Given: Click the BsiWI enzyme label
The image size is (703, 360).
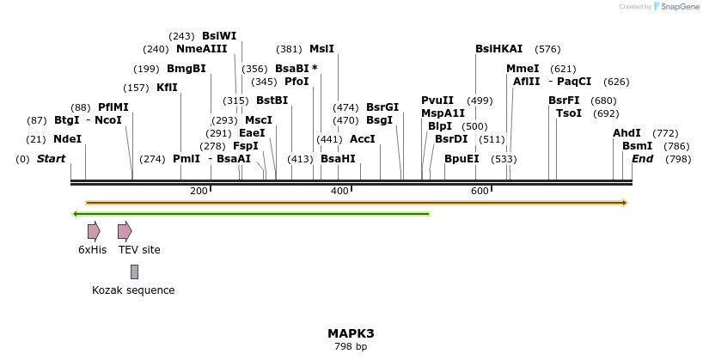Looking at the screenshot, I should (x=219, y=36).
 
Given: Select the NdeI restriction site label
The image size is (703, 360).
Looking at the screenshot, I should (x=67, y=139).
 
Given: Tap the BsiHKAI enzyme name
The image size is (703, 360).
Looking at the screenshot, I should (x=499, y=49).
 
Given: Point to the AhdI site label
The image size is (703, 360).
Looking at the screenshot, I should (x=627, y=133).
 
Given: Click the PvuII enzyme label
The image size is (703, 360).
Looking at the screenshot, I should (x=437, y=101).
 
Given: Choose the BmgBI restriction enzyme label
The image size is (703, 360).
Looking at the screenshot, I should (x=186, y=69).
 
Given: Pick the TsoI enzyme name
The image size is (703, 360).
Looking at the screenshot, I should (x=569, y=113).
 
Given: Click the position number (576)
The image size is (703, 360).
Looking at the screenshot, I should (x=547, y=49).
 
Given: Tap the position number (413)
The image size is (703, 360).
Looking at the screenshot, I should (x=300, y=159).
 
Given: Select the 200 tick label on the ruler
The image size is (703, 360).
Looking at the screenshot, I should (x=199, y=191).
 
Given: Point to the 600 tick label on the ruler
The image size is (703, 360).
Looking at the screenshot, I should (x=480, y=191).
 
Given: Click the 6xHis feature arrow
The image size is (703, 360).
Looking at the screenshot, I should (x=94, y=230).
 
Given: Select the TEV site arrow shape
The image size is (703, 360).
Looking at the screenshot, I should (x=125, y=230).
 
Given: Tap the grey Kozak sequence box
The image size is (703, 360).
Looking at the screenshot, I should (x=134, y=272).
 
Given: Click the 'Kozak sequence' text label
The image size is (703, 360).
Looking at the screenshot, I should (x=133, y=290).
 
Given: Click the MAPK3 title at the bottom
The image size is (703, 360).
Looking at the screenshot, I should (x=351, y=333).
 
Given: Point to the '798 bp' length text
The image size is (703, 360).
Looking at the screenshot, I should (x=351, y=347).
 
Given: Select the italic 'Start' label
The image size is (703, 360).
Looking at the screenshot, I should (x=52, y=159).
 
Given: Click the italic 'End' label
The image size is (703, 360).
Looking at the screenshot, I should (x=642, y=159).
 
